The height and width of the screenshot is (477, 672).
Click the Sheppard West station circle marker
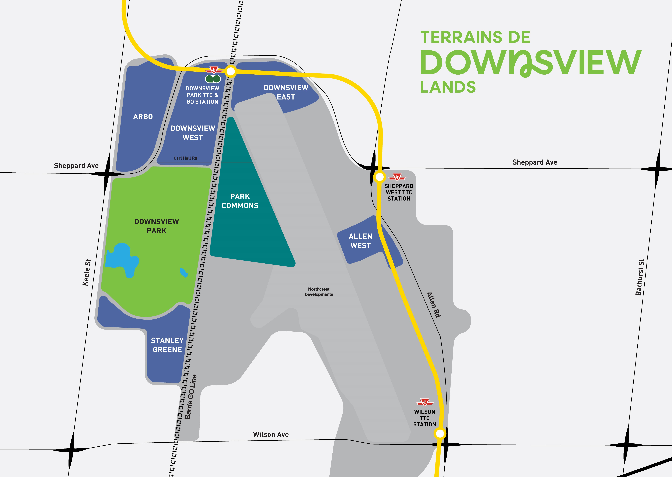(x=380, y=177)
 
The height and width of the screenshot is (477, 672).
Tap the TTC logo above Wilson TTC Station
(x=424, y=402)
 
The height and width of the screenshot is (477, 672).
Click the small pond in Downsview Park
(x=184, y=273)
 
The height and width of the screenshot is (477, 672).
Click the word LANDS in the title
(x=448, y=87)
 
